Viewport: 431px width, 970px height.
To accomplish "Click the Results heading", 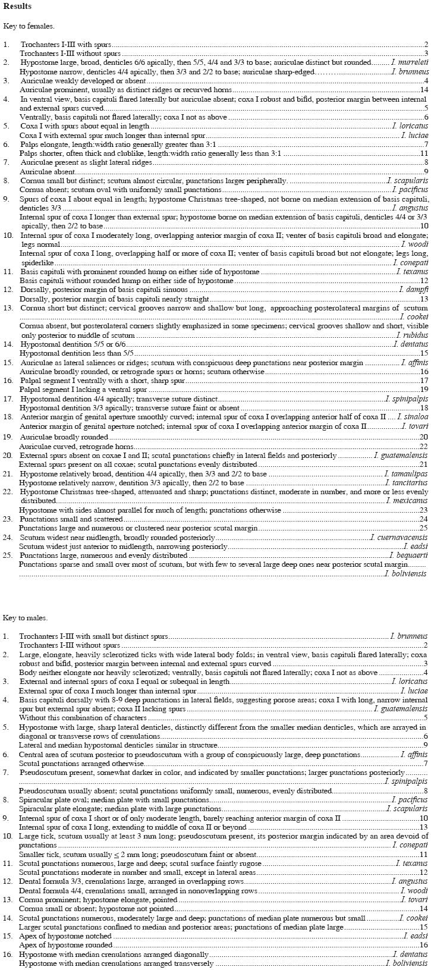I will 17,6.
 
